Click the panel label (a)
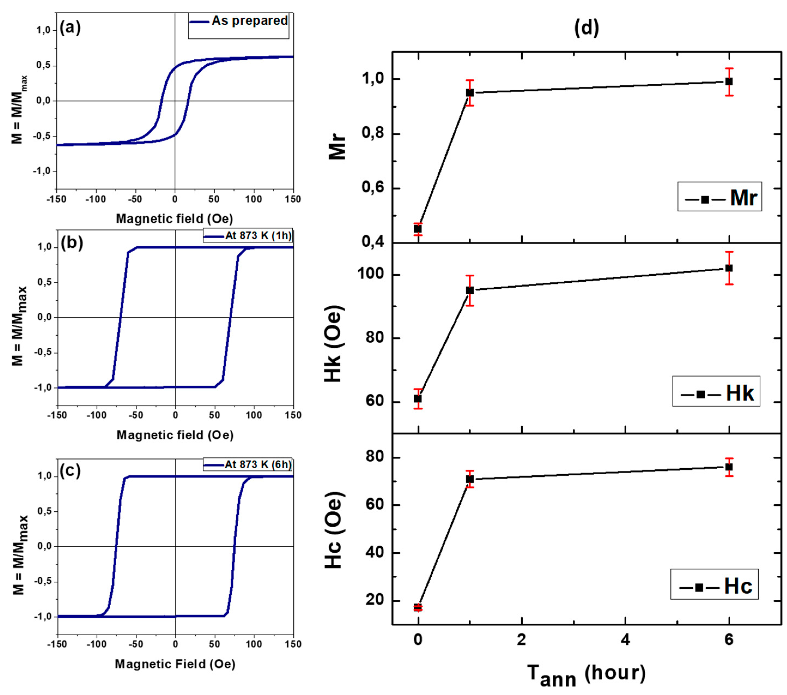[x=70, y=28]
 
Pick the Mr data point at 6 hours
[x=729, y=82]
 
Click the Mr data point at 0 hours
[x=418, y=229]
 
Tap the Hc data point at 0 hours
[x=418, y=608]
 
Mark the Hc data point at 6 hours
[x=729, y=467]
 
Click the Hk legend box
[x=716, y=391]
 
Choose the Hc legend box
[x=714, y=584]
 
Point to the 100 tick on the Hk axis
[x=371, y=274]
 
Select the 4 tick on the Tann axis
[x=625, y=639]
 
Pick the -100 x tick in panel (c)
[x=96, y=644]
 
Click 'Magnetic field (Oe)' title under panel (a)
[x=174, y=219]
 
